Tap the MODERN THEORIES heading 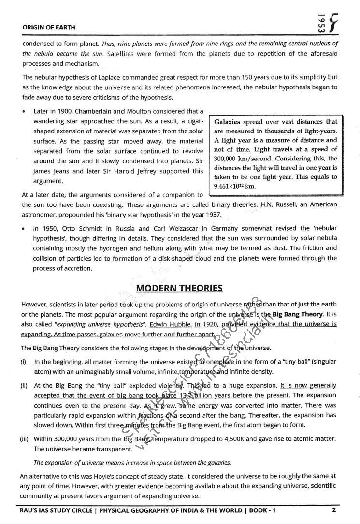click(179, 289)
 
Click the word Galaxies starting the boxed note click(230, 122)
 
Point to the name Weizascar click(181, 228)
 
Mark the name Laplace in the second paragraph click(104, 77)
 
